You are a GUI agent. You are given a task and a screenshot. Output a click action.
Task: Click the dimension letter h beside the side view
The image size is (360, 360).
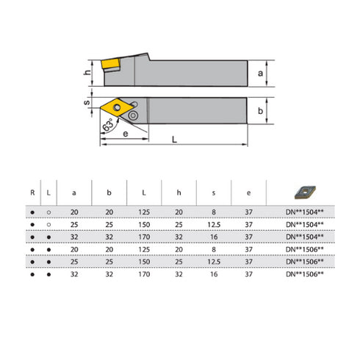pyautogui.click(x=86, y=72)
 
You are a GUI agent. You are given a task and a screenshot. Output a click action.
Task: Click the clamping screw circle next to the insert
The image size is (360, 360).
pyautogui.click(x=137, y=115)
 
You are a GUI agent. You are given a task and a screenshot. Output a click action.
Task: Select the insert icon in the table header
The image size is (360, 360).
pyautogui.click(x=303, y=192)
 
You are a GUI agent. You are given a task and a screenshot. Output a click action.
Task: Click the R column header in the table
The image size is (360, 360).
pyautogui.click(x=32, y=192)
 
